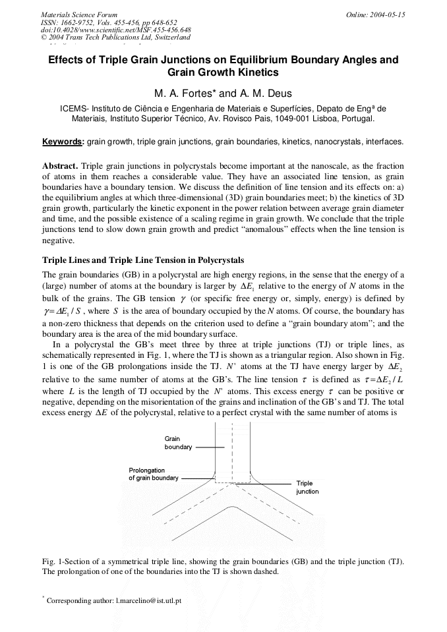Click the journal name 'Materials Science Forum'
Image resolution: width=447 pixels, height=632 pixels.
coord(79,14)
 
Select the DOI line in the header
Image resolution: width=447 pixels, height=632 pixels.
coord(116,30)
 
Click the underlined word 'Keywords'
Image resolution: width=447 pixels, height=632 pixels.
coord(63,142)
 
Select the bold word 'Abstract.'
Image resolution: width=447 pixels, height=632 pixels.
coord(60,166)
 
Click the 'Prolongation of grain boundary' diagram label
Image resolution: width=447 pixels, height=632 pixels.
coord(153,474)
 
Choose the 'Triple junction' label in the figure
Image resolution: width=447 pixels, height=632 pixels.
coord(307,488)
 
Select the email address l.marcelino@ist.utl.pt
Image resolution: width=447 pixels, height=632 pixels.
coord(148,601)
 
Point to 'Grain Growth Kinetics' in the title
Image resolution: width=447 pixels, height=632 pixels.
coord(223,72)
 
